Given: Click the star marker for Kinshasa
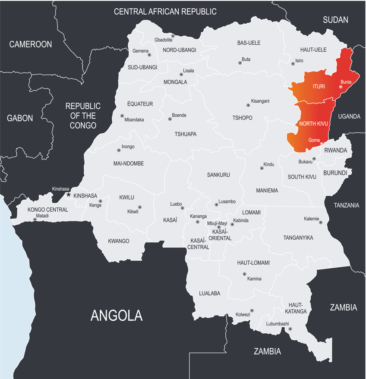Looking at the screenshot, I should pos(68,194).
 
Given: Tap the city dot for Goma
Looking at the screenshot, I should pos(321,144).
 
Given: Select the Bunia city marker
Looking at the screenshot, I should pos(341,87).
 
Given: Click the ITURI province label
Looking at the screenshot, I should pos(319,87).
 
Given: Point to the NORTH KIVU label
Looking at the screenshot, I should pos(314,124).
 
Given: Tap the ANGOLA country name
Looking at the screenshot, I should pos(116,315).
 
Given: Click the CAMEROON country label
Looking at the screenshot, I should pos(31,44).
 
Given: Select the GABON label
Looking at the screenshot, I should pos(20,118).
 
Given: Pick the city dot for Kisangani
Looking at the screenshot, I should pos(248,105).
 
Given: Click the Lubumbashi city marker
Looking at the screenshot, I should pos(290,329).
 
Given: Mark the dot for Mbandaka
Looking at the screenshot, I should pos(122,116).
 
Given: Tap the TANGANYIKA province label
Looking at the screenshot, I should pos(298,238).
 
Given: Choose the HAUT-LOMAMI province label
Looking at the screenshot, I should pos(253,263).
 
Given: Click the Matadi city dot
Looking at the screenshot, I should pos(35,219).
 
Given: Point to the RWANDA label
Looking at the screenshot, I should pos(335,150).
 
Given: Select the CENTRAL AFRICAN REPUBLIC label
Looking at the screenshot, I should pos(165,12).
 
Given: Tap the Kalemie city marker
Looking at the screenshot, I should pos(321,222).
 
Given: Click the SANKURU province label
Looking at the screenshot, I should pos(218,175).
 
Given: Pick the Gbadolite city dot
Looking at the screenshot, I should pos(173,36).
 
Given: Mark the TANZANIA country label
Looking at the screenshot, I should pos(346,205).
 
